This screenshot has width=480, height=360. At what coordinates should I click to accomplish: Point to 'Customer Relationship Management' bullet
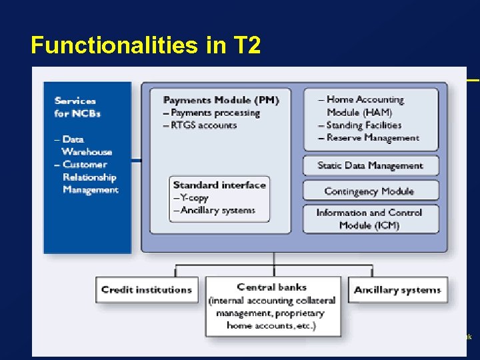(89, 177)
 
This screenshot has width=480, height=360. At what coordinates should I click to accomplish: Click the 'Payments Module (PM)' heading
(221, 100)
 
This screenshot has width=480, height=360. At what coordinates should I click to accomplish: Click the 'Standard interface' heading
(219, 185)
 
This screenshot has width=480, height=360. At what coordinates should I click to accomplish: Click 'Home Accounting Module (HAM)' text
(365, 106)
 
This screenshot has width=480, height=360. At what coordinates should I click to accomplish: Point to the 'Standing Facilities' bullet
(363, 125)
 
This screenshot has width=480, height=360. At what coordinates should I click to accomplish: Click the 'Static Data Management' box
(370, 165)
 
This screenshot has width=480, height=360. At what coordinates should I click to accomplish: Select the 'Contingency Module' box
(369, 191)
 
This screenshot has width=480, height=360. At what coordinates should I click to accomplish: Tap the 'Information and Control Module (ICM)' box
(369, 219)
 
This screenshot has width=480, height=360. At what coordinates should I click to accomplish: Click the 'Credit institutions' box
(147, 289)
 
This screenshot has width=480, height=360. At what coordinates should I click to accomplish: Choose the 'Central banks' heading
(272, 287)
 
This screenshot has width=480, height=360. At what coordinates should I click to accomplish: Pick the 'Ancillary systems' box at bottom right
(397, 290)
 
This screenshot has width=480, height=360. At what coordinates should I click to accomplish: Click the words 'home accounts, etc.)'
(271, 325)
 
